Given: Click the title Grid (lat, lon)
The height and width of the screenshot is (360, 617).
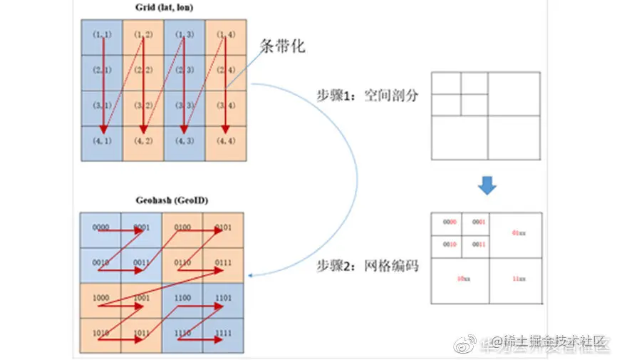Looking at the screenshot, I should pos(165,8).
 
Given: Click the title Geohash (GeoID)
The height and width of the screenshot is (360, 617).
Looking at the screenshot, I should pos(164,201).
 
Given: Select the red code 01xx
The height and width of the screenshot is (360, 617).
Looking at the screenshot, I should pos(519,234).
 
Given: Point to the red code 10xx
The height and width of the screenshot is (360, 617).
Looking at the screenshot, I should pos(461,279).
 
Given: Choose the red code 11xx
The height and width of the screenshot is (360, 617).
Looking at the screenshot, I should pos(519,279).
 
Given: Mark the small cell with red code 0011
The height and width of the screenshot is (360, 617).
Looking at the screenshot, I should pos(477,245).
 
